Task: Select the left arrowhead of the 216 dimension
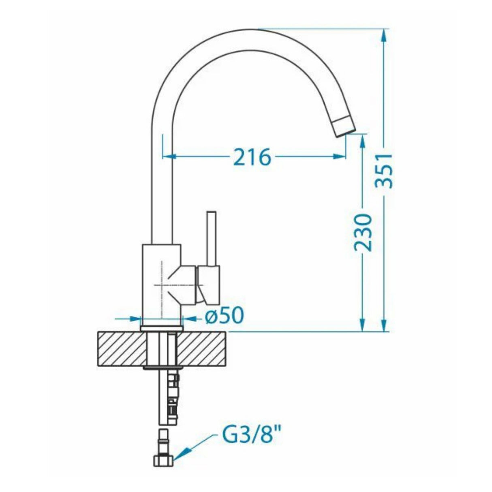pyautogui.click(x=168, y=156)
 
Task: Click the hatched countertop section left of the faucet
pyautogui.click(x=120, y=349)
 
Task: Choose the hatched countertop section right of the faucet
pyautogui.click(x=203, y=349)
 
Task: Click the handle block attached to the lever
pyautogui.click(x=209, y=285)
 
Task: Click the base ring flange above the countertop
pyautogui.click(x=162, y=328)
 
